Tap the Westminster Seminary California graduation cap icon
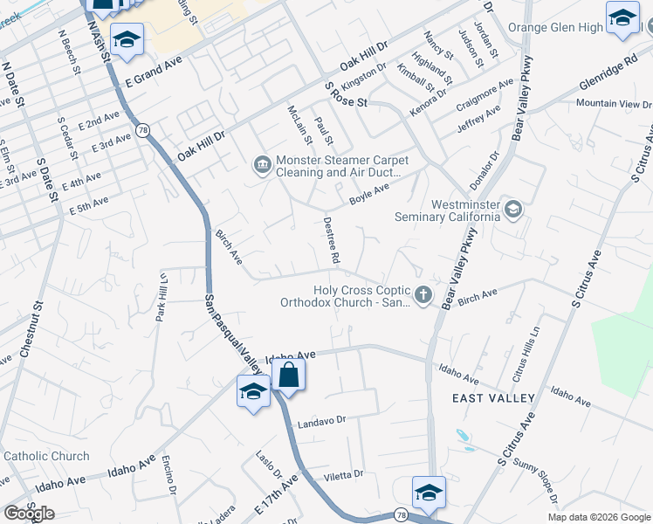point(513,209)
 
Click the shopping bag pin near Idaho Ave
point(288,377)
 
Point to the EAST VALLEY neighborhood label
point(494,398)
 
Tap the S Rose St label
point(347,94)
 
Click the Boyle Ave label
point(369,191)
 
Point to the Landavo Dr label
point(322,420)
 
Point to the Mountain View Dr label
point(608,104)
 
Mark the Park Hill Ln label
point(162,297)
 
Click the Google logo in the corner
point(29,514)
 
